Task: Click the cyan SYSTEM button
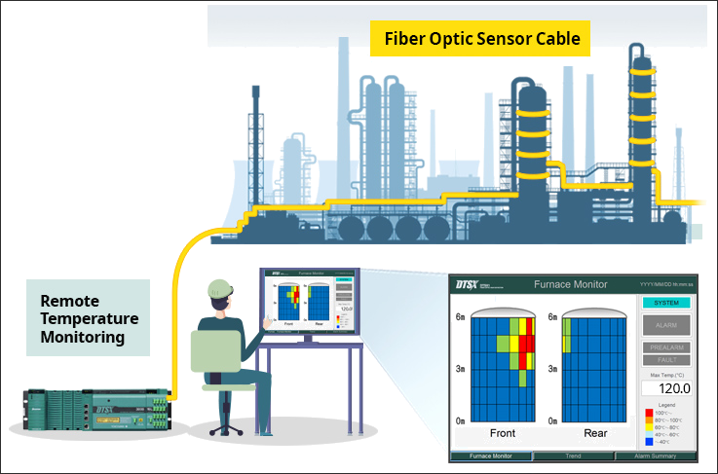[x=666, y=303]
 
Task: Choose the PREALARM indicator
[x=666, y=347]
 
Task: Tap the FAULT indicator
[x=666, y=360]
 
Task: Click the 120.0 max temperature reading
[x=666, y=388]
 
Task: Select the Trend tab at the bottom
[x=573, y=456]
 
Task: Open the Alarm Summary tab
[x=656, y=456]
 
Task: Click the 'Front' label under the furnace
[x=503, y=433]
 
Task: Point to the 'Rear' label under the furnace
[x=595, y=433]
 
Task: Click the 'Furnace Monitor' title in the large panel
[x=571, y=284]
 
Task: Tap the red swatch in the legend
[x=649, y=413]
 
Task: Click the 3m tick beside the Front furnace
[x=460, y=369]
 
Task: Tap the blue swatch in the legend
[x=649, y=442]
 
